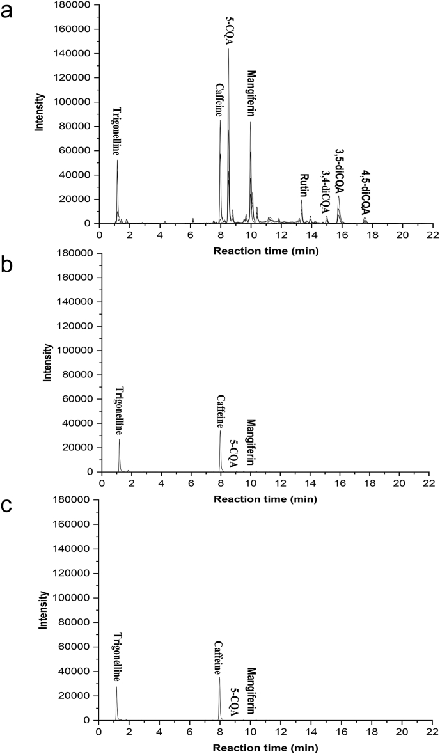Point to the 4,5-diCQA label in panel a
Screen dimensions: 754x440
(365, 192)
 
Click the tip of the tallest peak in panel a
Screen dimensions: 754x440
(228, 49)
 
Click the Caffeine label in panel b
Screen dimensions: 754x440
(220, 411)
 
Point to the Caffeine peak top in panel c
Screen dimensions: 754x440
(219, 677)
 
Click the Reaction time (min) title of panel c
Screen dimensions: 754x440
(265, 747)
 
